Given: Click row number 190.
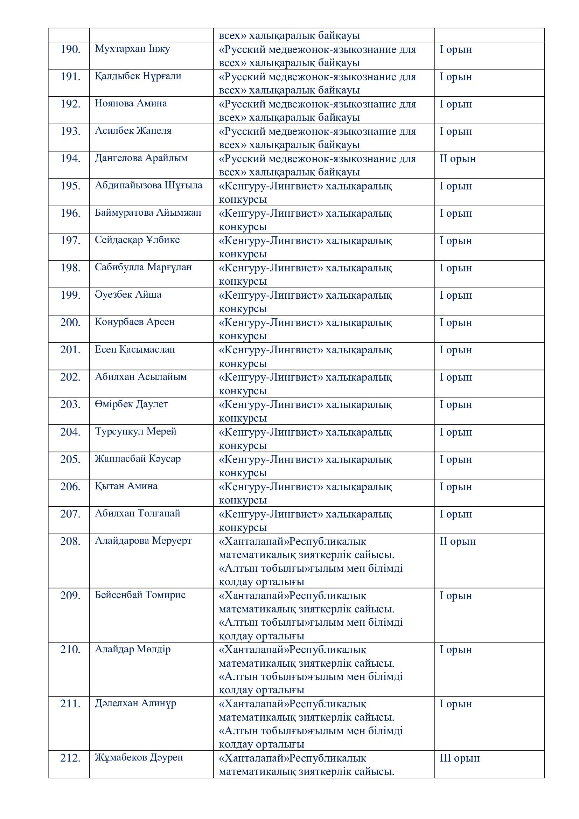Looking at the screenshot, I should [x=70, y=50].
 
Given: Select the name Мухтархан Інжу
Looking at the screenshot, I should [x=132, y=49].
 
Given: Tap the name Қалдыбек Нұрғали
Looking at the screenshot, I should [x=138, y=76].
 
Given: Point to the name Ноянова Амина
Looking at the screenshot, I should [x=131, y=103].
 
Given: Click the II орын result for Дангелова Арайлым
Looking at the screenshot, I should [x=458, y=159].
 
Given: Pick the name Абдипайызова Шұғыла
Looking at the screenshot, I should [x=148, y=186].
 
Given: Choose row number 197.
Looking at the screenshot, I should [x=70, y=241].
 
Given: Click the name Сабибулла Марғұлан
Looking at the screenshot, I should [x=143, y=268].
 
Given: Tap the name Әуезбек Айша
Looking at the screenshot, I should [x=128, y=294].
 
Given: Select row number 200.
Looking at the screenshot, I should [x=70, y=323].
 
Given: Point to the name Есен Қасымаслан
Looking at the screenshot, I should [x=135, y=349].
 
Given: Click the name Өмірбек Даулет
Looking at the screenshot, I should [x=131, y=404].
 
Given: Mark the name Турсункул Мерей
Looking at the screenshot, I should [x=135, y=432].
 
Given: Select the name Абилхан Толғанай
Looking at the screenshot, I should [x=137, y=514].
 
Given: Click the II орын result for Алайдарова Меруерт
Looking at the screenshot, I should [x=458, y=541].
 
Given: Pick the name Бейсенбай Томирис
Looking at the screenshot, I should [x=140, y=595].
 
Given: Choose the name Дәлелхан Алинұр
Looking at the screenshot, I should [x=135, y=704].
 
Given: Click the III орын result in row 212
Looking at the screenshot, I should [x=460, y=758].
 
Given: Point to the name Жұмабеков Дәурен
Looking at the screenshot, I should [x=139, y=758].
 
